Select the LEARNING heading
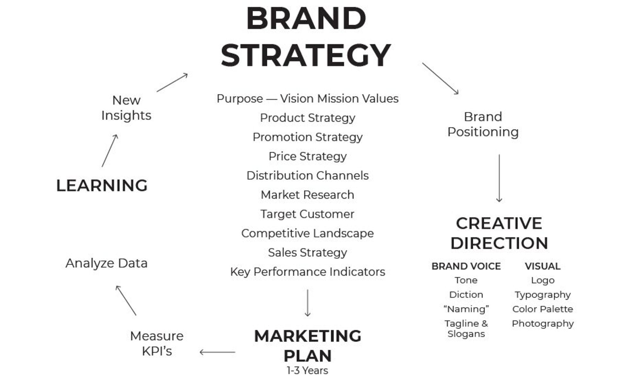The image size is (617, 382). (x=102, y=185)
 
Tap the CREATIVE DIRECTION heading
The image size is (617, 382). (x=499, y=233)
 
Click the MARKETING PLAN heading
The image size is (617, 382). (x=308, y=346)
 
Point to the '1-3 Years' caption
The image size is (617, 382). (x=308, y=370)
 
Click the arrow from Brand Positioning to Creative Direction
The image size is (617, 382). (x=499, y=178)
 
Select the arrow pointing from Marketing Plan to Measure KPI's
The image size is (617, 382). (x=218, y=352)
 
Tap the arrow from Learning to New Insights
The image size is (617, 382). (x=110, y=151)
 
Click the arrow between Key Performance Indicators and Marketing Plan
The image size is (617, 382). (x=308, y=303)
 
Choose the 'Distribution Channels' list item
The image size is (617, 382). (x=308, y=175)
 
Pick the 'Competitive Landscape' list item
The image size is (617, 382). (x=308, y=233)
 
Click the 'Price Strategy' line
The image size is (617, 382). (x=308, y=156)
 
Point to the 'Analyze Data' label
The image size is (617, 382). (x=106, y=263)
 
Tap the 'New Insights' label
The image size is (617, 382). (x=126, y=107)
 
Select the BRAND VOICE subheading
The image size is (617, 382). (x=466, y=266)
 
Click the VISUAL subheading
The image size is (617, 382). (x=542, y=266)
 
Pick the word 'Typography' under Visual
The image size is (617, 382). (x=542, y=294)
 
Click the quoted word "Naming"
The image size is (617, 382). (x=466, y=309)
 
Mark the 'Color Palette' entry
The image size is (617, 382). (x=542, y=309)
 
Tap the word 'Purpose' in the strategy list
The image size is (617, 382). (x=239, y=98)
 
